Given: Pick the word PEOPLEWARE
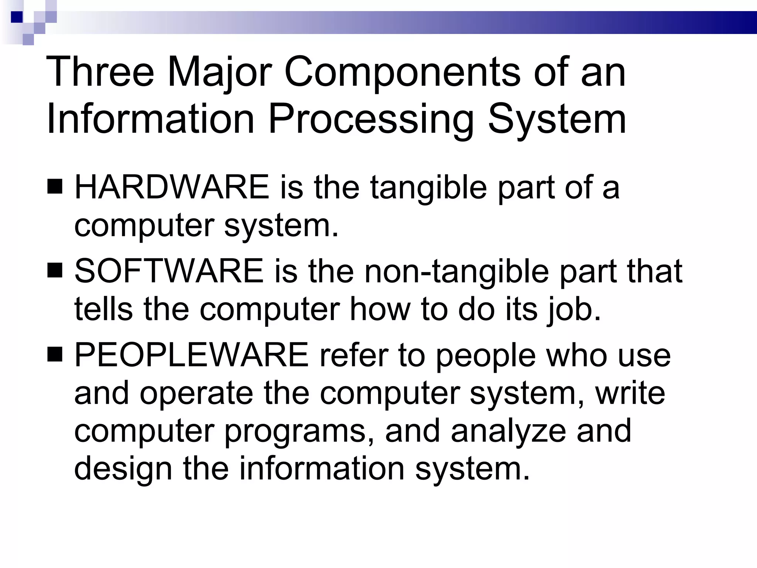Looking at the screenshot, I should click(191, 355).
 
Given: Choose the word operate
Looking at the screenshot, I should click(196, 393).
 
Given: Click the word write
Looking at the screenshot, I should click(630, 393).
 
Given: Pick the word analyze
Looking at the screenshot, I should click(508, 431).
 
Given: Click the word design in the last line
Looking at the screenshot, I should click(123, 469).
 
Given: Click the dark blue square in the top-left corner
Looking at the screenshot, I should click(17, 17).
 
